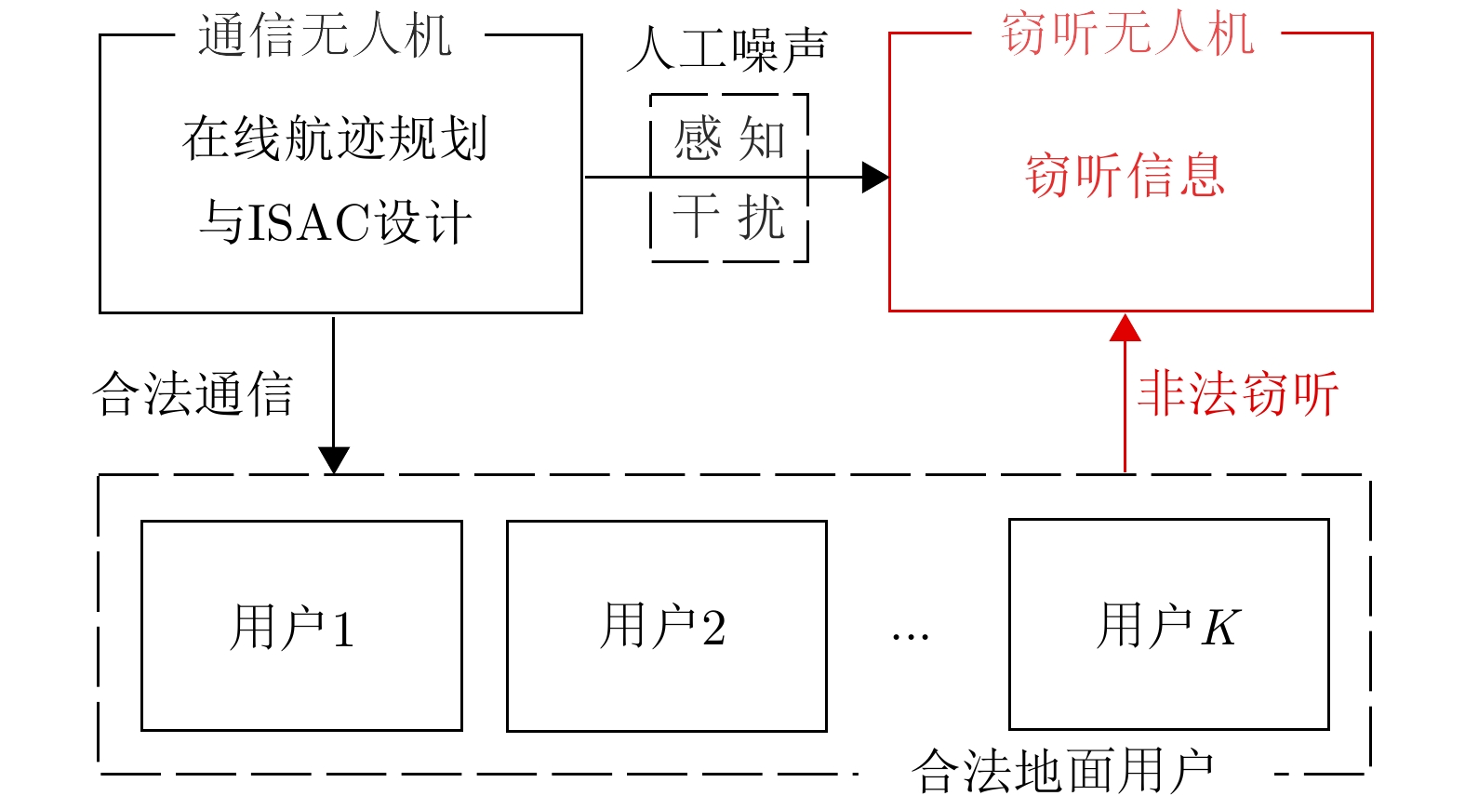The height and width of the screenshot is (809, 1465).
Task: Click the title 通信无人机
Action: point(325,36)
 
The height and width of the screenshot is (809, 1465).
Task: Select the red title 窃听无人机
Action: point(1127,34)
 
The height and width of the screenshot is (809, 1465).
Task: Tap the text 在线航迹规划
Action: point(334,139)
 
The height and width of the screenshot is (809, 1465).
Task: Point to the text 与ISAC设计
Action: point(335,223)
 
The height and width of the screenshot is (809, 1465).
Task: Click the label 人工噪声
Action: point(726,49)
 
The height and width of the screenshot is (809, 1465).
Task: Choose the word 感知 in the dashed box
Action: point(729,139)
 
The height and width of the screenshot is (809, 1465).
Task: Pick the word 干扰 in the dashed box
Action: point(729,217)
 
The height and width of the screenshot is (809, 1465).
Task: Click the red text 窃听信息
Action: point(1125,175)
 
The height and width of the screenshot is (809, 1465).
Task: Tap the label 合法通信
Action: point(193,394)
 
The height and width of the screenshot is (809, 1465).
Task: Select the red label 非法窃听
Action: point(1238,393)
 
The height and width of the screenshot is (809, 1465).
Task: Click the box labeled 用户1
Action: point(301,625)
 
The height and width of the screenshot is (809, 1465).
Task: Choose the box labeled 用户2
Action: point(666,625)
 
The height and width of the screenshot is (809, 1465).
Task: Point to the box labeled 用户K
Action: point(1168,624)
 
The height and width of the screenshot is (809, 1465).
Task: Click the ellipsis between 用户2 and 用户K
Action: point(910,637)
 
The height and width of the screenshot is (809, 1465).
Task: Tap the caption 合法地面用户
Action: point(1062,772)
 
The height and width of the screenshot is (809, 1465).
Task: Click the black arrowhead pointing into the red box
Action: point(874,177)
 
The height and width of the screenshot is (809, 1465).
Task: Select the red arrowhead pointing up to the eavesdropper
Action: point(1125,328)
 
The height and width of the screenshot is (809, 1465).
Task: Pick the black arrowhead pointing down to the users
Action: point(333,459)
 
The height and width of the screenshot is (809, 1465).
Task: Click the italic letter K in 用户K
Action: point(1220,627)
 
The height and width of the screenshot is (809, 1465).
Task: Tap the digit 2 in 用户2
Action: point(713,628)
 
